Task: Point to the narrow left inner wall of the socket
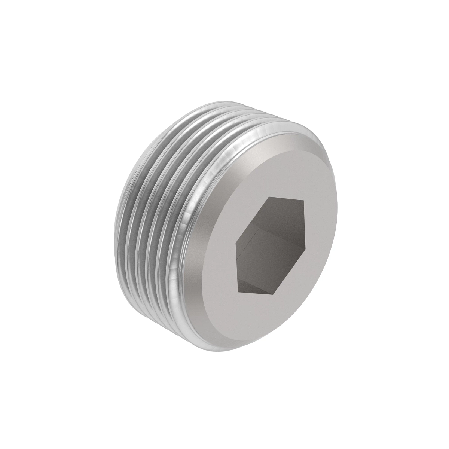coord(240,262)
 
